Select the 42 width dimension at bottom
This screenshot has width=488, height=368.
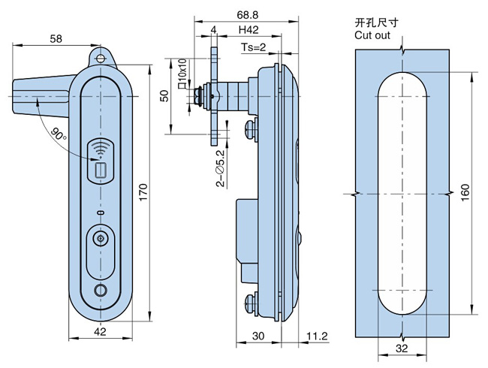coord(99,331)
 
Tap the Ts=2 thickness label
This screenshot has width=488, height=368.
coord(254,47)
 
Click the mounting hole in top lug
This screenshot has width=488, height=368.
coord(101,56)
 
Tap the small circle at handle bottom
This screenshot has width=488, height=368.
coord(100,292)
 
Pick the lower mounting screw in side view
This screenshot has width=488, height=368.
coord(251,303)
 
